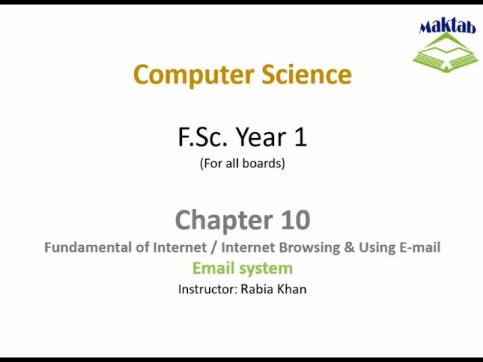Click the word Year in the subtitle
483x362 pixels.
(260, 137)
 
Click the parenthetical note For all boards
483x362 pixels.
(242, 163)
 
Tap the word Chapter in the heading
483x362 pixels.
(216, 220)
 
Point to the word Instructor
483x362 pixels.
(207, 289)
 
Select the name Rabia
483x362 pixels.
(257, 289)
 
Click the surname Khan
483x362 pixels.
(291, 289)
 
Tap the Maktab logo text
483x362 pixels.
(448, 27)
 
